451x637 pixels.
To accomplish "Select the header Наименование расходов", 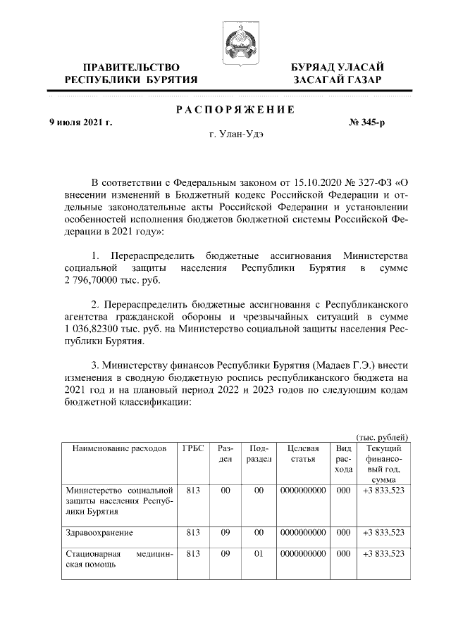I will pyautogui.click(x=117, y=448).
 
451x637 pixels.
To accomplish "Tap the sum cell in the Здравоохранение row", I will pyautogui.click(x=381, y=533).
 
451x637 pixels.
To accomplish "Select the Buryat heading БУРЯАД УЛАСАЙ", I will pyautogui.click(x=338, y=66).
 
